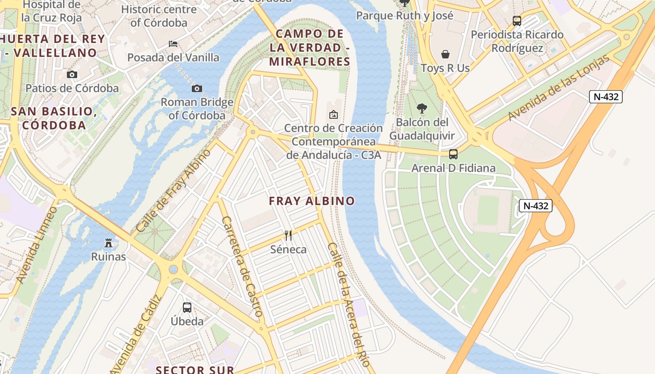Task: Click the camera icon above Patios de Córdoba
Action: (72, 74)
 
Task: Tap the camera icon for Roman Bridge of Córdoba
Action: (197, 88)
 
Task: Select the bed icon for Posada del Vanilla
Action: (173, 44)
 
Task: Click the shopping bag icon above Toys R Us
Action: (445, 54)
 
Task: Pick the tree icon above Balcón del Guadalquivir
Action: (422, 108)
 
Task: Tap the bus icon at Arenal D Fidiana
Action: (453, 154)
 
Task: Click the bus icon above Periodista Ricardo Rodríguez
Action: (517, 21)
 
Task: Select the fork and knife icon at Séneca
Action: (288, 235)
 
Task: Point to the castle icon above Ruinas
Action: (109, 243)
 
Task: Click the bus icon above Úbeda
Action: (187, 307)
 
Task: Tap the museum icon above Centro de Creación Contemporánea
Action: (334, 114)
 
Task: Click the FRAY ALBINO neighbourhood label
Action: (312, 201)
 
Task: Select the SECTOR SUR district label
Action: (195, 370)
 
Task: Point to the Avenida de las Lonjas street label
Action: (559, 87)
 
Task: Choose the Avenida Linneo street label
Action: (36, 245)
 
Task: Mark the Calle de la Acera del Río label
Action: (349, 304)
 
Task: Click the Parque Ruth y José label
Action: (405, 15)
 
